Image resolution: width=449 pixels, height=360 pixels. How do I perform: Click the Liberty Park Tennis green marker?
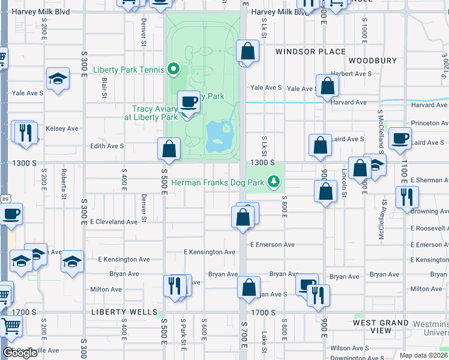174,70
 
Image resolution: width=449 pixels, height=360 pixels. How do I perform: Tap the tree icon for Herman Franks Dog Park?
274,181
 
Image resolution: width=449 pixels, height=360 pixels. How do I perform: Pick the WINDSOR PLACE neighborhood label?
310,52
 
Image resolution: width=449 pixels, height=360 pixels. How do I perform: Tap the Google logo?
20,353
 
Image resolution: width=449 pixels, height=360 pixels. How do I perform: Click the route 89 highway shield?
5,199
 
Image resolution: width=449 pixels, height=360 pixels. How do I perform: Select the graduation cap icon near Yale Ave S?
58,79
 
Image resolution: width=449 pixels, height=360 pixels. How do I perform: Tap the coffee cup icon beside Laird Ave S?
400,139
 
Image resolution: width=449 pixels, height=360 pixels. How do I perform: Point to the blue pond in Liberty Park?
217,137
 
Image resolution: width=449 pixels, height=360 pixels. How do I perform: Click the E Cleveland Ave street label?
113,221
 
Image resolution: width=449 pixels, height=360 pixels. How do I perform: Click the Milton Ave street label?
106,289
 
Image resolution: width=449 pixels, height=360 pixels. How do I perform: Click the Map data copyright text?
424,355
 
